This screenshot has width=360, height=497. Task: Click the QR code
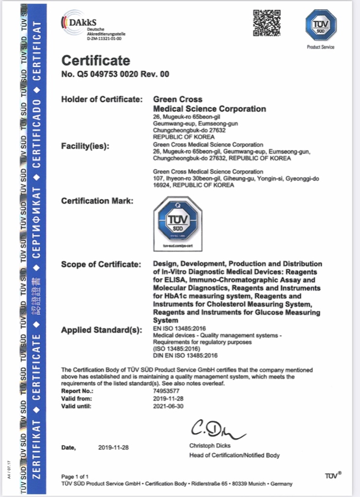pyautogui.click(x=267, y=23)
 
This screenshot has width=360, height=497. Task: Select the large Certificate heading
pyautogui.click(x=95, y=61)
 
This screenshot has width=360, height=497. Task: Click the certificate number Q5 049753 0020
pyautogui.click(x=105, y=74)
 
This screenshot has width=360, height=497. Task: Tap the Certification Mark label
pyautogui.click(x=97, y=200)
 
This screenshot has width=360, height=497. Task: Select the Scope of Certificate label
pyautogui.click(x=100, y=264)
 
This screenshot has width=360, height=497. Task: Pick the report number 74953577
pyautogui.click(x=166, y=390)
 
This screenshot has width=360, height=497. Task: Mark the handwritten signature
pyautogui.click(x=217, y=428)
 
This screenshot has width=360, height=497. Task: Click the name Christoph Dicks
pyautogui.click(x=210, y=445)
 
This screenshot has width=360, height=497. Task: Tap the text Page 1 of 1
pyautogui.click(x=75, y=476)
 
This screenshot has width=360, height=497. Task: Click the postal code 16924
pyautogui.click(x=161, y=185)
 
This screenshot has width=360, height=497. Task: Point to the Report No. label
pyautogui.click(x=77, y=390)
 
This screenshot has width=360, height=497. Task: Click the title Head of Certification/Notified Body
pyautogui.click(x=234, y=455)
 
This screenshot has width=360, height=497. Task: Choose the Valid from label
pyautogui.click(x=76, y=398)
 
